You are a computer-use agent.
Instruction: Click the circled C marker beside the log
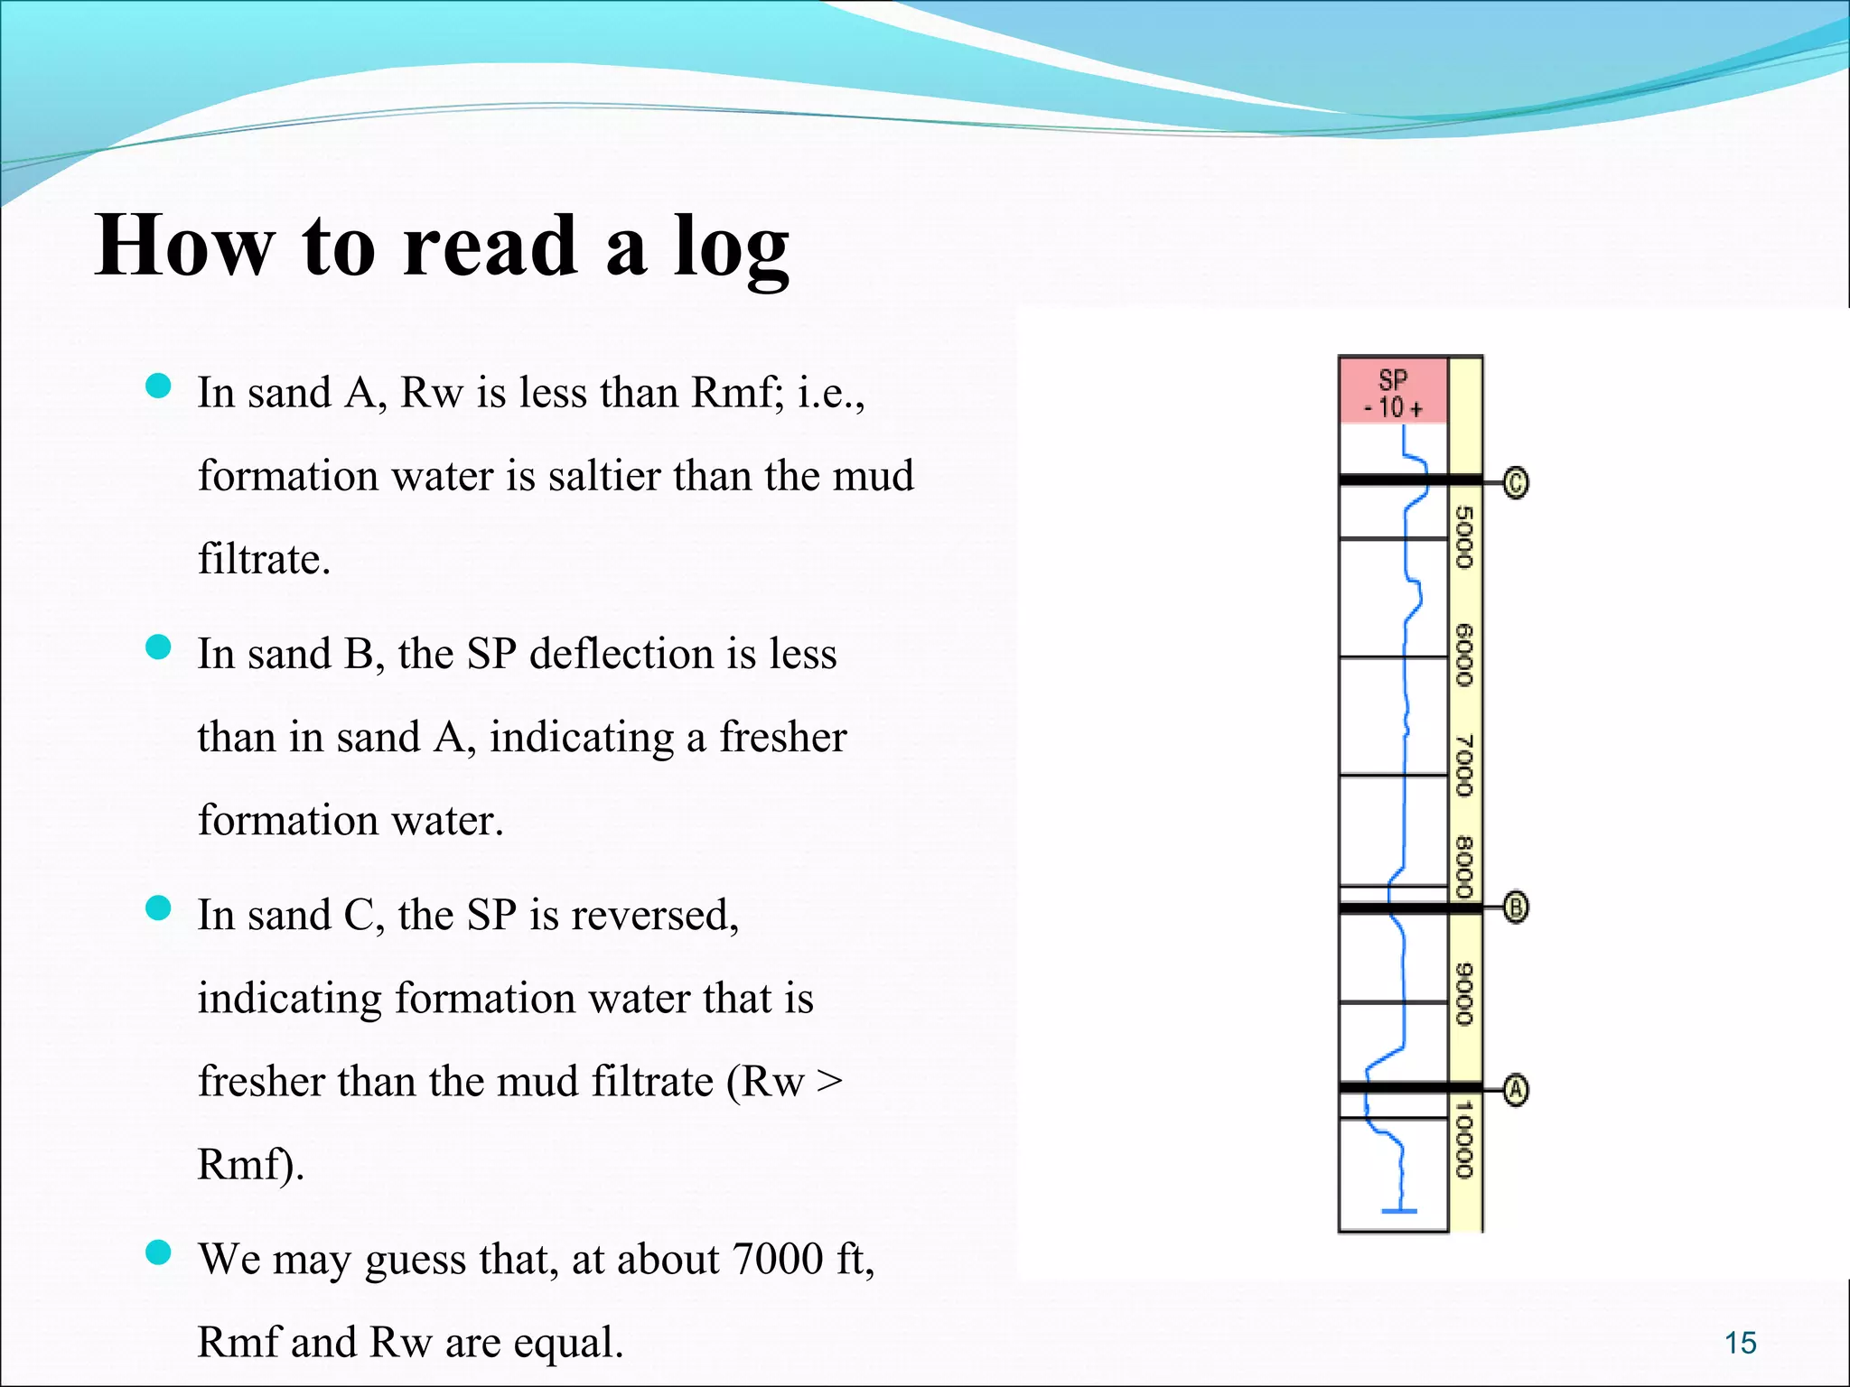1516,482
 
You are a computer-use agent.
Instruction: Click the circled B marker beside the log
1516,907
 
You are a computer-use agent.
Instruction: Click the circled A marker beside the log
1516,1090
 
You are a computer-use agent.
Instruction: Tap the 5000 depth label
1464,537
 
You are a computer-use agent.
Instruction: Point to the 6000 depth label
1464,655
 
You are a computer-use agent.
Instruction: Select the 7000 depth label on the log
1464,766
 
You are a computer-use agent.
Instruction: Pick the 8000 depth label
1464,868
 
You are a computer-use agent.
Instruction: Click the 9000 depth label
1464,994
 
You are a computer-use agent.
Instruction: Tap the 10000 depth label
1464,1140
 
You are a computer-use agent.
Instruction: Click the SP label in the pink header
1393,379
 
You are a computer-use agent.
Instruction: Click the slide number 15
1740,1343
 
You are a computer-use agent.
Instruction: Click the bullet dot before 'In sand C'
158,908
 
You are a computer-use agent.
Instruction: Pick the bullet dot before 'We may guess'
158,1252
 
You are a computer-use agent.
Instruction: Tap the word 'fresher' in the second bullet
782,737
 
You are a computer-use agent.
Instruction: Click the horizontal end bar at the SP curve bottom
1399,1211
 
